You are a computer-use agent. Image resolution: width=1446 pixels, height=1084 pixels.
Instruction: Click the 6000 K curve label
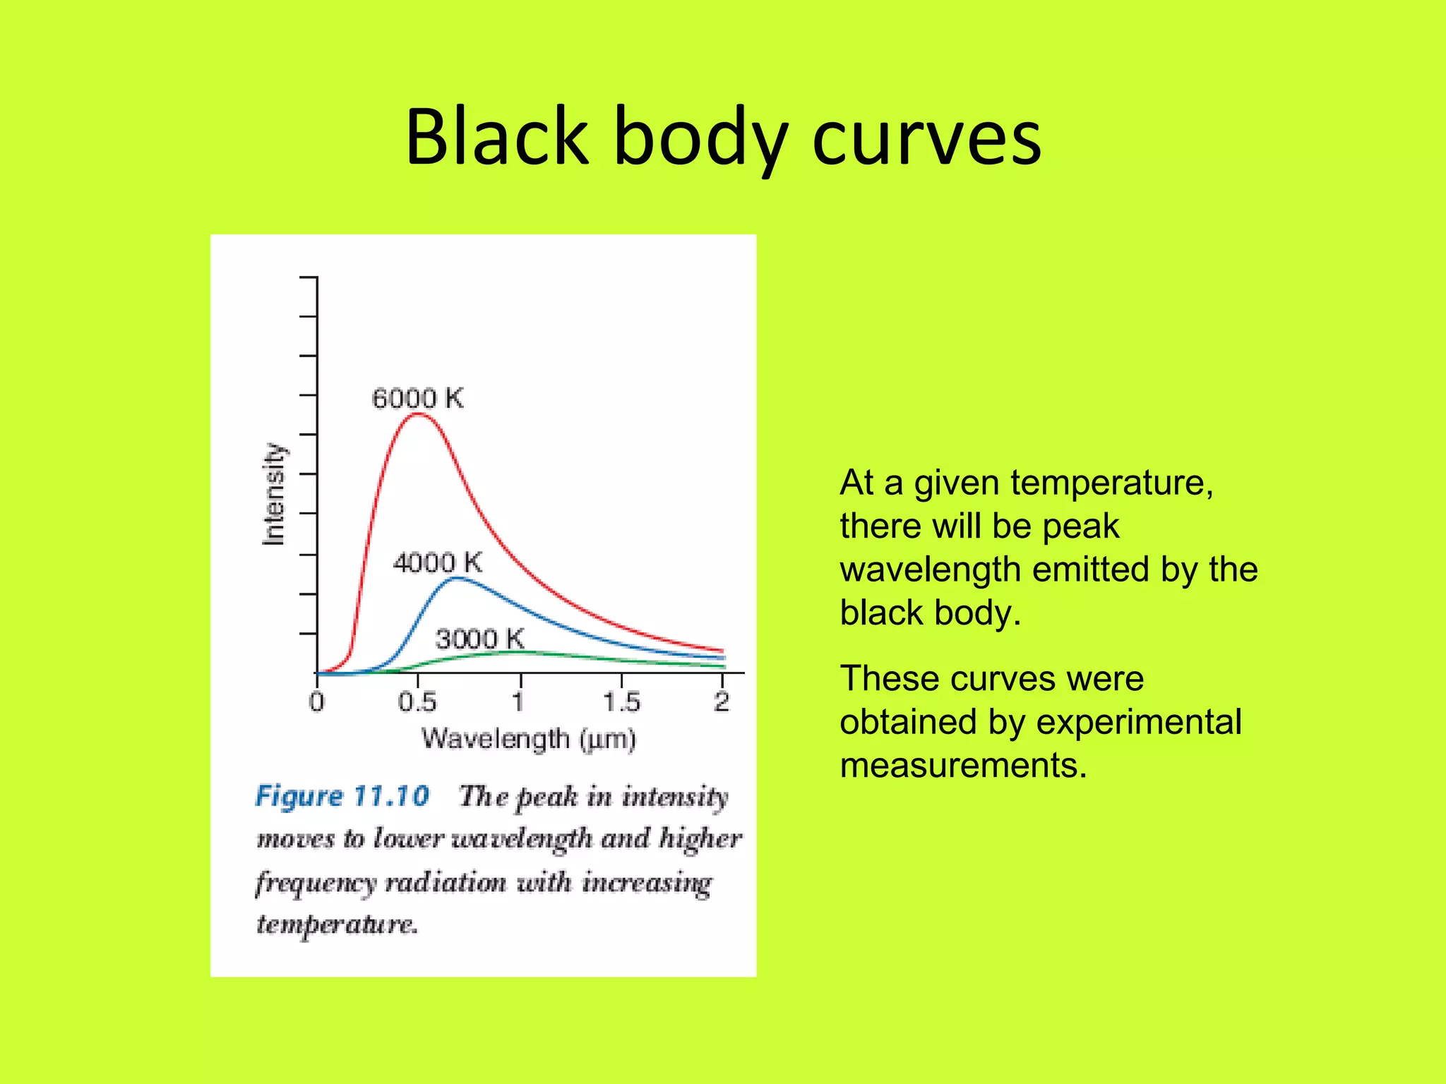417,399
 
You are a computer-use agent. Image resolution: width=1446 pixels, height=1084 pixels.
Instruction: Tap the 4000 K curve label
438,563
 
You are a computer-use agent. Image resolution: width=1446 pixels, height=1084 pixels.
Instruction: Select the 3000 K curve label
480,639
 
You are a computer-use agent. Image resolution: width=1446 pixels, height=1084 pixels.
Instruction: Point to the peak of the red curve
418,414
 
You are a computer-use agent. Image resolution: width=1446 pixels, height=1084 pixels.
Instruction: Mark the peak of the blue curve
458,578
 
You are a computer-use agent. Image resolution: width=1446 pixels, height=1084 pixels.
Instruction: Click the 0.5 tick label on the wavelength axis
417,702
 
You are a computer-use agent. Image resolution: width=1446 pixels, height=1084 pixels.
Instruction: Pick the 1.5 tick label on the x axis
621,702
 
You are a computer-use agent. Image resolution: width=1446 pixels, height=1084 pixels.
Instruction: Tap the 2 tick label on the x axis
721,702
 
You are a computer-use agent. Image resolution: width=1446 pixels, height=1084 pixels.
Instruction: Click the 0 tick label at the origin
316,702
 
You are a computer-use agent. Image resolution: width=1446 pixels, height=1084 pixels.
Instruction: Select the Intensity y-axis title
274,494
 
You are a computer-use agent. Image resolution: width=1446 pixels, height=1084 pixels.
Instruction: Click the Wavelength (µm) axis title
529,740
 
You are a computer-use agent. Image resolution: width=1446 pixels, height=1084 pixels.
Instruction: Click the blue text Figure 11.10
342,796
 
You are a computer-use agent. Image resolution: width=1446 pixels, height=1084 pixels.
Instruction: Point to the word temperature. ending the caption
337,925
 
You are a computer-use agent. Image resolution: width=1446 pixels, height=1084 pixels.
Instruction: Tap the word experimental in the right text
1139,723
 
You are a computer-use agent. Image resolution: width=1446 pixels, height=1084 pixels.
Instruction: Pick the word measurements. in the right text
963,766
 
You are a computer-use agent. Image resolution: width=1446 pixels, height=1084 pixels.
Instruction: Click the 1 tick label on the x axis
519,702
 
